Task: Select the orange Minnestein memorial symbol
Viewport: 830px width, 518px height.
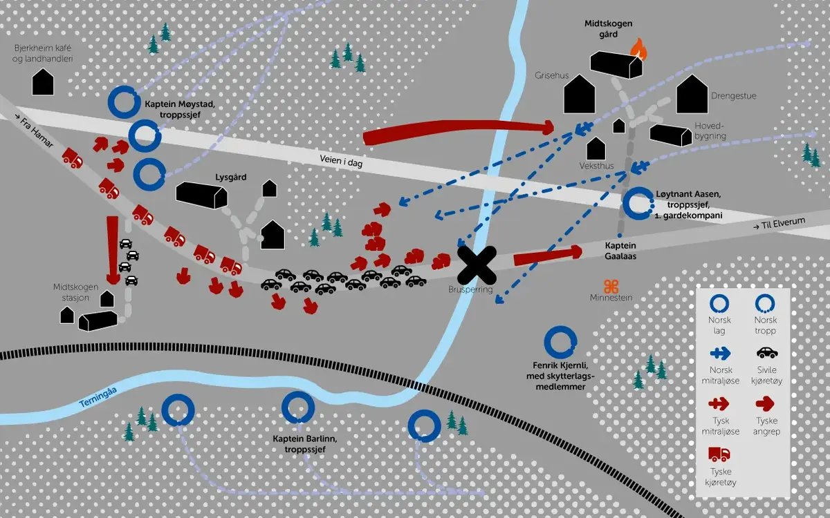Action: point(610,286)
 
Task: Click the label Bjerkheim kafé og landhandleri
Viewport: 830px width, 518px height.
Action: point(44,54)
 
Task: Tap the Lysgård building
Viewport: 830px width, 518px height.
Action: point(201,194)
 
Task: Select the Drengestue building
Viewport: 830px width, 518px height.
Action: point(692,95)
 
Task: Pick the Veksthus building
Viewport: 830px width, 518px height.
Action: point(596,148)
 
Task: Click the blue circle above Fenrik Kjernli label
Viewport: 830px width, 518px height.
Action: point(560,343)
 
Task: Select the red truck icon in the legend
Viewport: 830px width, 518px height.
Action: point(719,454)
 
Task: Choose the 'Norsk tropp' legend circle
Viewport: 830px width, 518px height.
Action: point(765,303)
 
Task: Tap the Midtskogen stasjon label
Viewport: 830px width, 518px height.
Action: point(71,292)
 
